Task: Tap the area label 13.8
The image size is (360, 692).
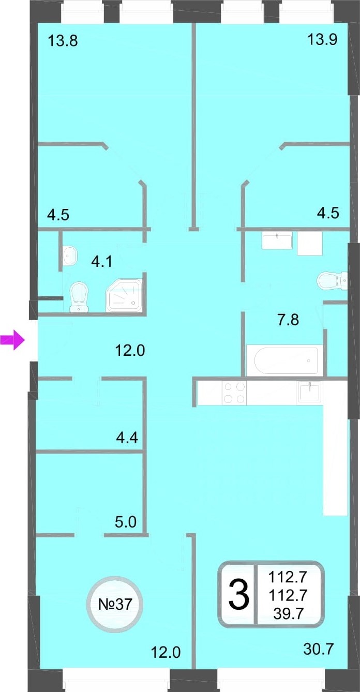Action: [63, 41]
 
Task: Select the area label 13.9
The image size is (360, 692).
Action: [322, 39]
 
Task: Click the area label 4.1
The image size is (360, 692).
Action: [102, 262]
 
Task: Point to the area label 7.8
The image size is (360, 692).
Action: [288, 320]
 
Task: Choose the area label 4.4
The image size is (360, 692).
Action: [127, 438]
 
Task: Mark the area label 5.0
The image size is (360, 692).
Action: [126, 522]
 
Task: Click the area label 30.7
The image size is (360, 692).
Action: [319, 649]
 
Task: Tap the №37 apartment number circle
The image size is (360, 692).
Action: [115, 604]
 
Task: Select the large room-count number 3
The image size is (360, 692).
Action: [239, 594]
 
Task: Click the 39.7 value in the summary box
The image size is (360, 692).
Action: [288, 613]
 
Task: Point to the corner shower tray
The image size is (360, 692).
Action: [124, 295]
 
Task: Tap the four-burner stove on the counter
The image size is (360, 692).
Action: [234, 393]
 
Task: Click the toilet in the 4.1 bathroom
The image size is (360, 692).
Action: [79, 297]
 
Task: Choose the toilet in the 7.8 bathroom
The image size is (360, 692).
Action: [332, 280]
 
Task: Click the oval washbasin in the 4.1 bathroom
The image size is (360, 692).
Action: [70, 255]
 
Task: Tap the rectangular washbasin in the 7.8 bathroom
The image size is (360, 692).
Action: [277, 242]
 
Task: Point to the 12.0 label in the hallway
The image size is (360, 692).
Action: [130, 350]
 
